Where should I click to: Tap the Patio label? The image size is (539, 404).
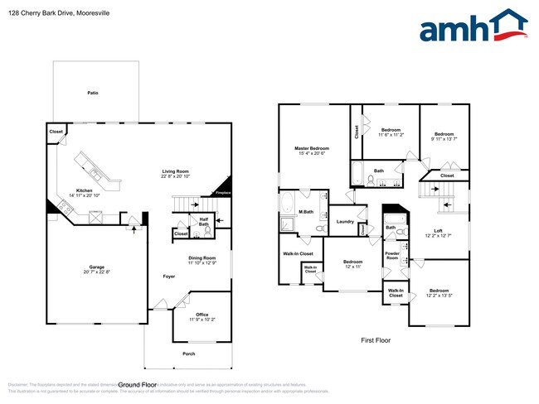93,93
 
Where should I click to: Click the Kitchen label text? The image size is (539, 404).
85,191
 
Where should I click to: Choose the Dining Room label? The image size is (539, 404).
202,258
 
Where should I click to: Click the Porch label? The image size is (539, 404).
189,353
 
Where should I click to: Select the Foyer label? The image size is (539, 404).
168,276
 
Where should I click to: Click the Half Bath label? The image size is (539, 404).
203,221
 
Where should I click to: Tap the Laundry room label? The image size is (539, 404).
346,221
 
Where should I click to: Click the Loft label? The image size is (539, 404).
438,231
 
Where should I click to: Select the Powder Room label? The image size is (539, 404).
392,256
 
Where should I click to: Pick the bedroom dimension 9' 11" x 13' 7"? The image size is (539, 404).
444,139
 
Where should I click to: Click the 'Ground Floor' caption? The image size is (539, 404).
138,385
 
